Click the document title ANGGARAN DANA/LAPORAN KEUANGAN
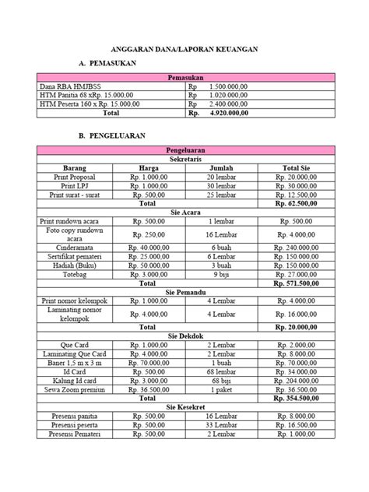(x=184, y=49)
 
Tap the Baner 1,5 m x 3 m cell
(x=75, y=363)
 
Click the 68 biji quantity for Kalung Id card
(x=222, y=381)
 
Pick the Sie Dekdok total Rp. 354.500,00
(x=295, y=399)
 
